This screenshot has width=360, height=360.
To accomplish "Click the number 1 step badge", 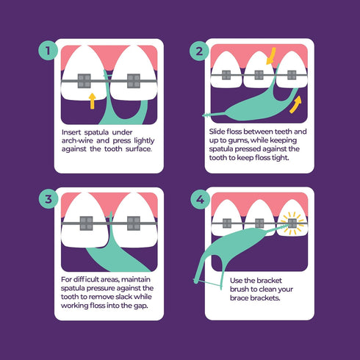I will tap(48, 52).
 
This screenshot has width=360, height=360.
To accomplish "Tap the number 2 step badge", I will tap(198, 52).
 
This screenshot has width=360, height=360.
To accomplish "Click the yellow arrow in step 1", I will tap(91, 100).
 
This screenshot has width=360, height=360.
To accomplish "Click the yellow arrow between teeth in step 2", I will tap(270, 54).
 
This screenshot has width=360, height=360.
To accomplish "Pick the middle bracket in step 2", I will tap(259, 74).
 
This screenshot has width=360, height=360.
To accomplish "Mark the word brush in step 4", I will tap(254, 290).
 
